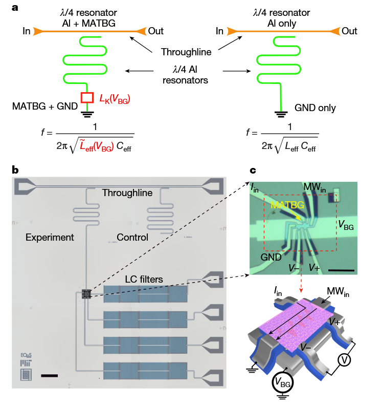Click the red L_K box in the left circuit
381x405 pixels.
coord(87,97)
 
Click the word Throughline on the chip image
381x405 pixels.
coord(127,193)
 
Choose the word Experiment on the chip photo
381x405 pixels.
coord(50,238)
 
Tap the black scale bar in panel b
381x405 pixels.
coord(49,375)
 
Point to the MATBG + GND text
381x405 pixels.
coord(43,106)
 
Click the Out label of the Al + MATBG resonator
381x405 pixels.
coord(155,31)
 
